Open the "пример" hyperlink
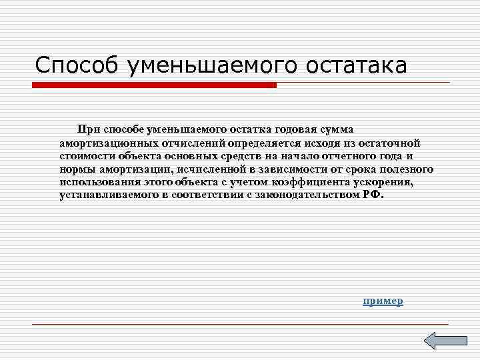(x=383, y=301)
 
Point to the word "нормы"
(x=75, y=169)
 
